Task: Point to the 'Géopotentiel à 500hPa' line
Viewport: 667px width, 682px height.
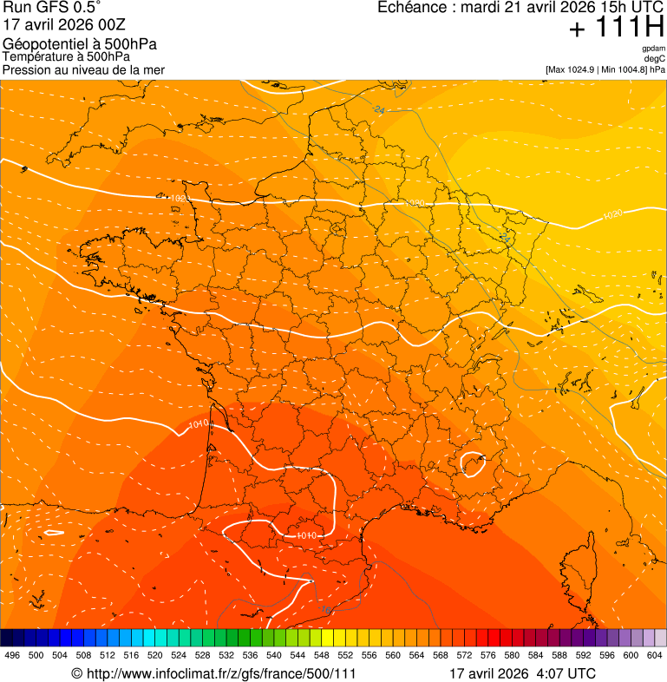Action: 80,44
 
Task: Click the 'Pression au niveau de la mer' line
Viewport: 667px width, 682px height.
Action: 83,69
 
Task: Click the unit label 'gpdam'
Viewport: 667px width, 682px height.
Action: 653,49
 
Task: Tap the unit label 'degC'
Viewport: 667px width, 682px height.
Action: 655,59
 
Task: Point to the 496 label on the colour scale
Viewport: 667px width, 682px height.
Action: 12,655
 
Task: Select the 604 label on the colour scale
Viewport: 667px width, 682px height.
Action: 655,655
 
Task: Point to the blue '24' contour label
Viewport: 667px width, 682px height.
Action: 379,110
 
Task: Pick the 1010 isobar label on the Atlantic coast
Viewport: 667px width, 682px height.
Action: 199,424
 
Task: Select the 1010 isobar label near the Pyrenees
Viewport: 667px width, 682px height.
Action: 306,535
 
